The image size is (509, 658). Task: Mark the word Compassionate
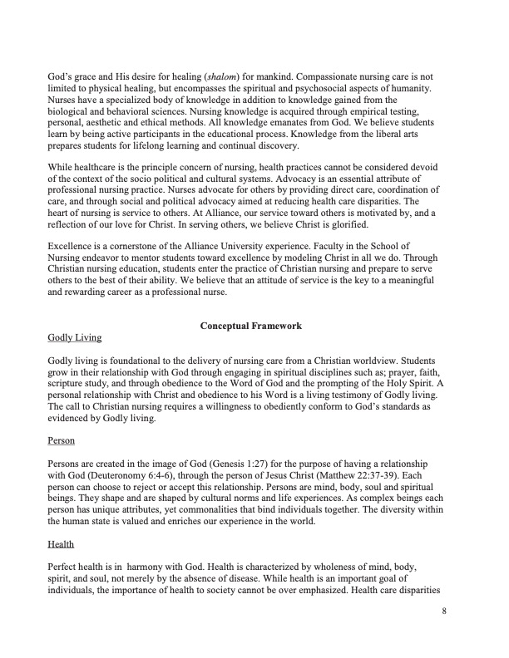[x=312, y=77]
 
